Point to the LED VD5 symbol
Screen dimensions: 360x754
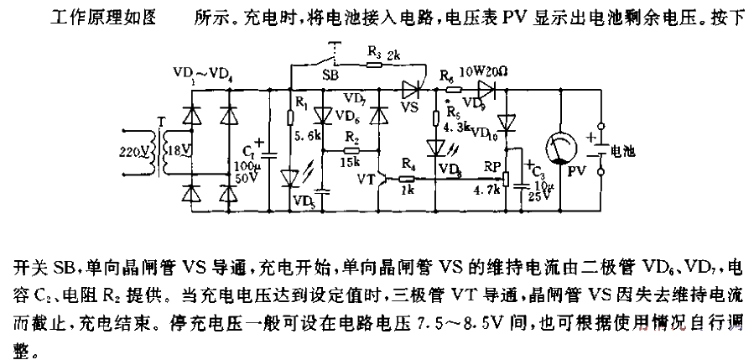tap(289, 178)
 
